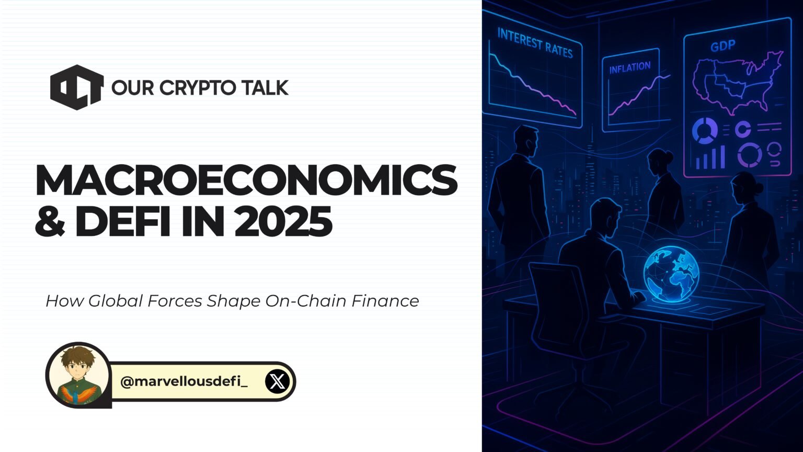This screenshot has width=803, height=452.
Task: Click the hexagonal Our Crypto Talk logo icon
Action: tap(76, 87)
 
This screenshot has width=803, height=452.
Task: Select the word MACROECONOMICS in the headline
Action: tap(246, 180)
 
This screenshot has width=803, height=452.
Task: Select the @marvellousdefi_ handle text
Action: tap(184, 381)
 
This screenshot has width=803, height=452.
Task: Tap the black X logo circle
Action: tap(277, 381)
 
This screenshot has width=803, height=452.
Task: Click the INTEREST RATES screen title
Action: tap(534, 44)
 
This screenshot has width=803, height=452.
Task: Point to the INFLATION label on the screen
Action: tap(629, 67)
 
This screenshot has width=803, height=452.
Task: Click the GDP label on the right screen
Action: tap(723, 46)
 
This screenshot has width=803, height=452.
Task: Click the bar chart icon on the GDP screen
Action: tap(709, 157)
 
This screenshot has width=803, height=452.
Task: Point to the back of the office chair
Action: tap(554, 303)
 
